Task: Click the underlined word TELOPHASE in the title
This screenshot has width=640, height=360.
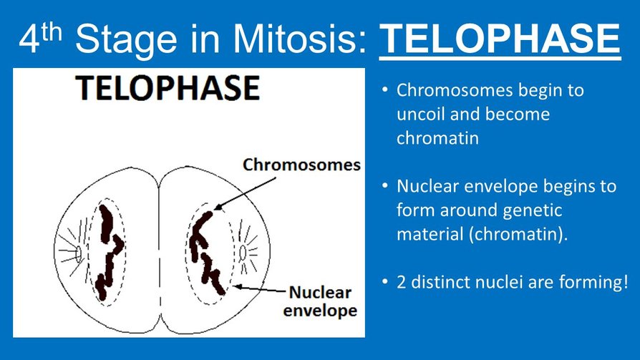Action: pyautogui.click(x=499, y=40)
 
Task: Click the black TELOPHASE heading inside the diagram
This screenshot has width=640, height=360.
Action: pyautogui.click(x=168, y=89)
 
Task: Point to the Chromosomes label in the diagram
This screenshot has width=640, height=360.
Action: pyautogui.click(x=301, y=165)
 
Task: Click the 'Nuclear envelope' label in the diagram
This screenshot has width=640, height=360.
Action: pyautogui.click(x=319, y=301)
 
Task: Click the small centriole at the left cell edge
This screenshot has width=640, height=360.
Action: pyautogui.click(x=79, y=251)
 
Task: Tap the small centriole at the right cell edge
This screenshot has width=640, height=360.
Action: pyautogui.click(x=243, y=251)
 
